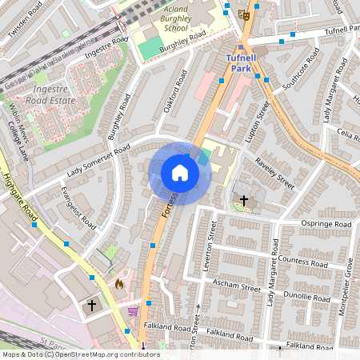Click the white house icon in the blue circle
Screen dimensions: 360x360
(180, 173)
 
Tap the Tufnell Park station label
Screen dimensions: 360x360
(240, 63)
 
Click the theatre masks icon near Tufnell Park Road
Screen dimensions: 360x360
(244, 14)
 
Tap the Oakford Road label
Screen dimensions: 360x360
(173, 93)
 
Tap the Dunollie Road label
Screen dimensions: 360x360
(308, 295)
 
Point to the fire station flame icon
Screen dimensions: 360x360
(120, 283)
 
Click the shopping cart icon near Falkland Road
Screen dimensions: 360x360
(134, 311)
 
